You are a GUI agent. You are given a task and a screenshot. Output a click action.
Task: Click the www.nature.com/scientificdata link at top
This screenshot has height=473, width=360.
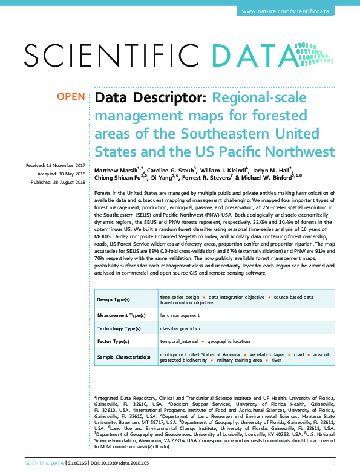click(293, 11)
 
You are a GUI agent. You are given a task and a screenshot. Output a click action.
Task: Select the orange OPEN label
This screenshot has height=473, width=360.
click(71, 97)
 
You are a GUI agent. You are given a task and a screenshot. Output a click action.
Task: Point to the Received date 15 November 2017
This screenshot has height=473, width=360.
click(55, 165)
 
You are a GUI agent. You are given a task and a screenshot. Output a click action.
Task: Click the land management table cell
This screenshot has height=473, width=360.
click(180, 315)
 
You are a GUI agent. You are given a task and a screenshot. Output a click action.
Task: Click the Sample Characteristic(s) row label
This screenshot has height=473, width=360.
click(124, 357)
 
